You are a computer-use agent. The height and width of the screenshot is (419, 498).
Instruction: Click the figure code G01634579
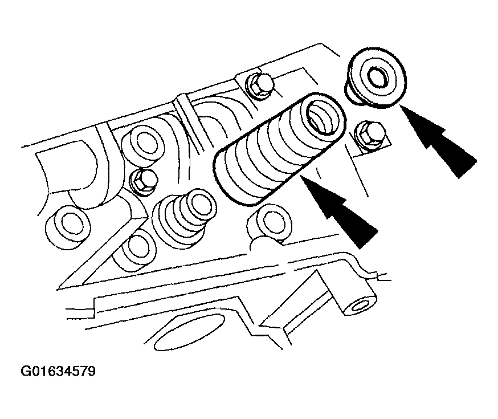pos(58,371)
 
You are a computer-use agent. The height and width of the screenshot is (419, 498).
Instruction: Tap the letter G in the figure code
pos(26,371)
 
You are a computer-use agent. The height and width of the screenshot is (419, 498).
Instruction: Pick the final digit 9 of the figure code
pos(91,371)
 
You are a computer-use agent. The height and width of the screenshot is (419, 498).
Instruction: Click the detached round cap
pos(375,78)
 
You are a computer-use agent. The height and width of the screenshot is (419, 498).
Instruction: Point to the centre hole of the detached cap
pos(378,77)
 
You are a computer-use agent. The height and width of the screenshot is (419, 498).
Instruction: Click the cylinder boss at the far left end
pos(68,226)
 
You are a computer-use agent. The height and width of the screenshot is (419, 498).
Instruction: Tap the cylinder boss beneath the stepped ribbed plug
pos(135,251)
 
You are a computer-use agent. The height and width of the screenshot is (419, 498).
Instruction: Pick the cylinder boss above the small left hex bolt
pos(144,145)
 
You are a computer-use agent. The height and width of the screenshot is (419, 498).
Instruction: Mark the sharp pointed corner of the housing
pos(58,289)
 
